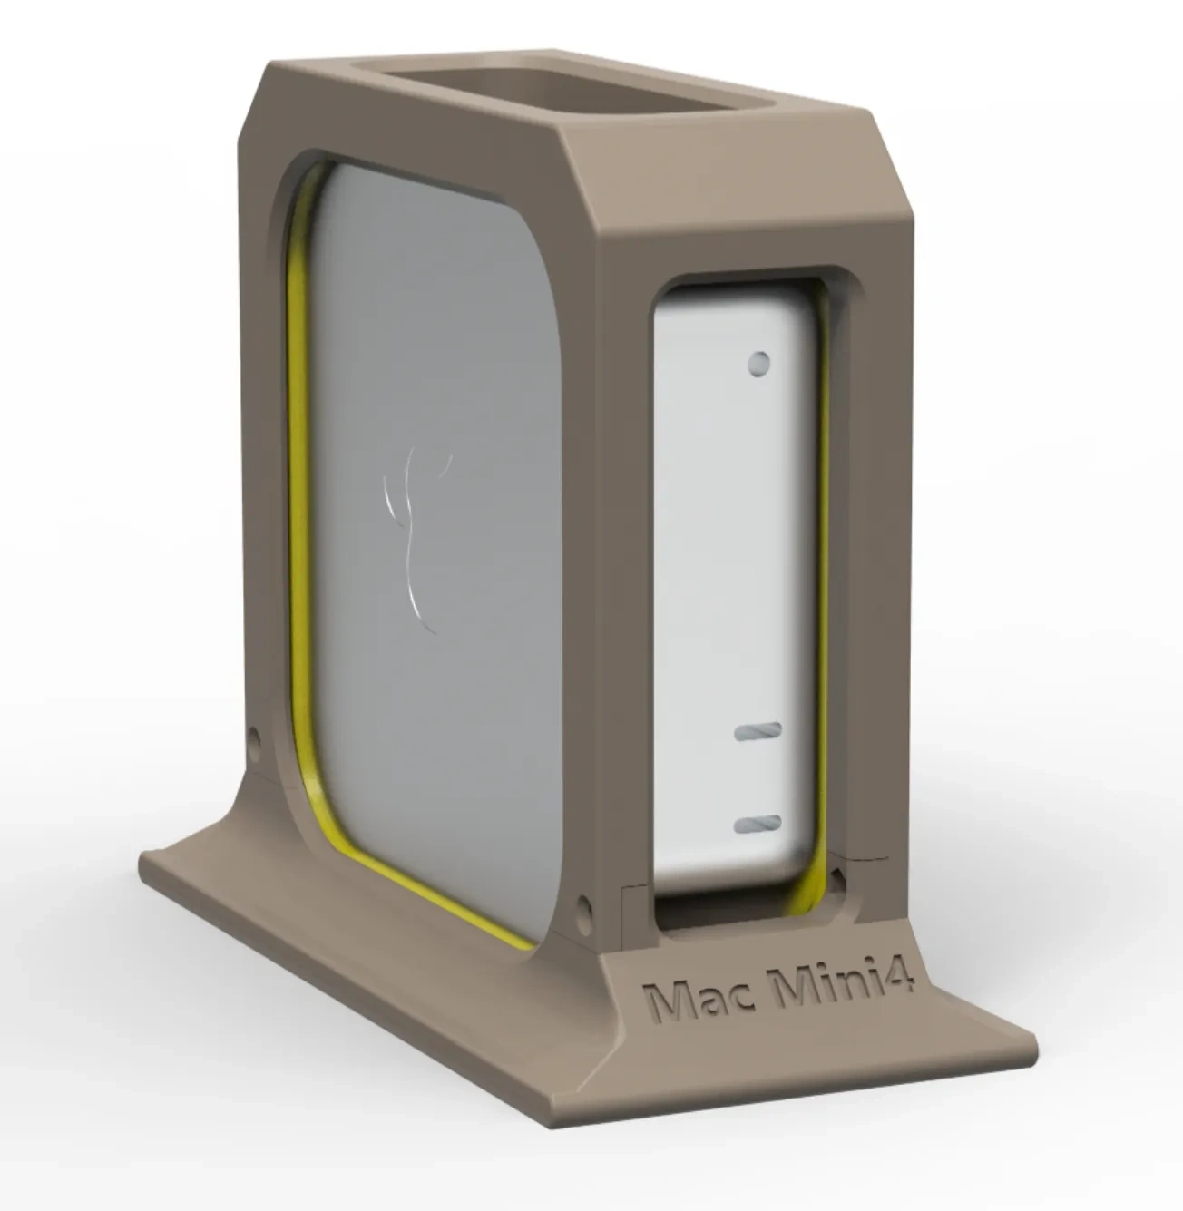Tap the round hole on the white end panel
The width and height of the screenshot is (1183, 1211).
tap(758, 364)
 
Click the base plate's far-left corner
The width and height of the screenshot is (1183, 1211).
tap(145, 857)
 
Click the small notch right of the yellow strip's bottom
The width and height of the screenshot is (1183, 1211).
tap(840, 876)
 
